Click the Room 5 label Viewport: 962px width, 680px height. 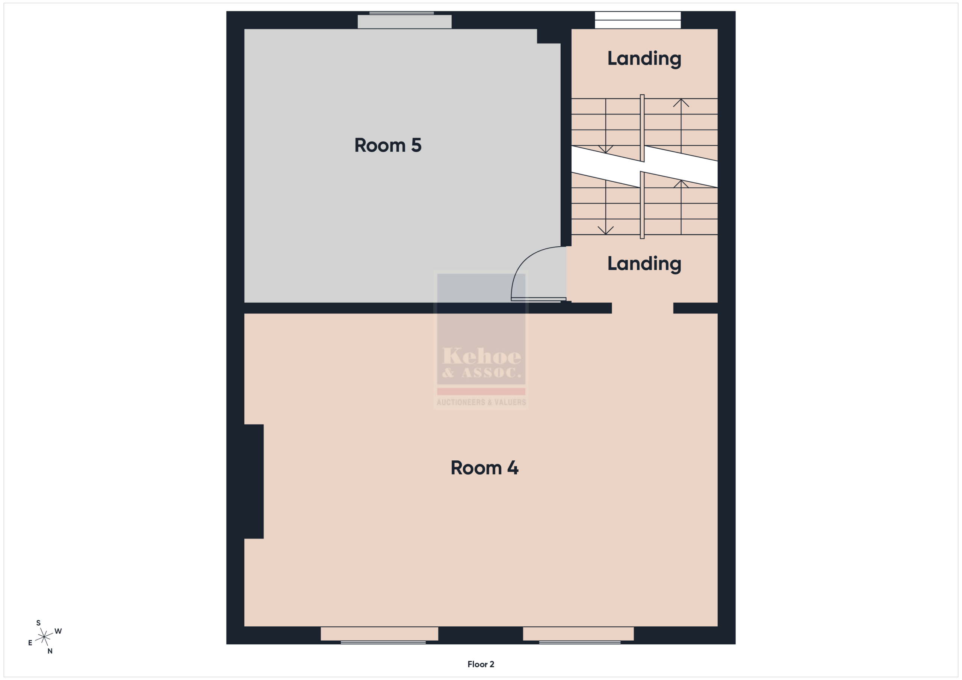point(387,145)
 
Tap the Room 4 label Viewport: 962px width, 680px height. point(484,468)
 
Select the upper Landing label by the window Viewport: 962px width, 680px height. point(644,58)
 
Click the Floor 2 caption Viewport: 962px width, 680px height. point(481,664)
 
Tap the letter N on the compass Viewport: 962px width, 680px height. point(50,651)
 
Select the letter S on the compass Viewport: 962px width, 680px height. point(39,623)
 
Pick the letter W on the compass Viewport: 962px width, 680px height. point(58,631)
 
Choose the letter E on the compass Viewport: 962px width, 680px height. point(30,643)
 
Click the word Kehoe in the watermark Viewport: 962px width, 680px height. point(482,356)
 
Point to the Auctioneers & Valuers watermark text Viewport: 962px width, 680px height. point(481,403)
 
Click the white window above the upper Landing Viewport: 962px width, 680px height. point(638,20)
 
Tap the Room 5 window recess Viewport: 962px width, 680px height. point(404,21)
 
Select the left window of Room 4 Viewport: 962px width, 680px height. point(380,634)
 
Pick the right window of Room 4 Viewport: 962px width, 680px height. point(578,634)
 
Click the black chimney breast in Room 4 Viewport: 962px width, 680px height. point(254,481)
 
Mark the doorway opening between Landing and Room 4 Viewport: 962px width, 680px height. point(642,308)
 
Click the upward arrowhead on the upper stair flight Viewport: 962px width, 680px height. point(681,102)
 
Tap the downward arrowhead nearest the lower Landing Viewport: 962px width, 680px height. point(605,230)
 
